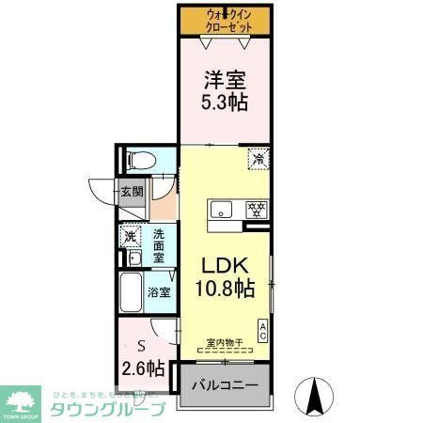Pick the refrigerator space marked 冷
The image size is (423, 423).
[256, 159]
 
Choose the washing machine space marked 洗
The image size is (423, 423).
[131, 236]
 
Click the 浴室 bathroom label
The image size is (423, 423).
[158, 292]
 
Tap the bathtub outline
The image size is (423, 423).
[131, 292]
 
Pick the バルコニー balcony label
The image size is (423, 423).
[225, 385]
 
